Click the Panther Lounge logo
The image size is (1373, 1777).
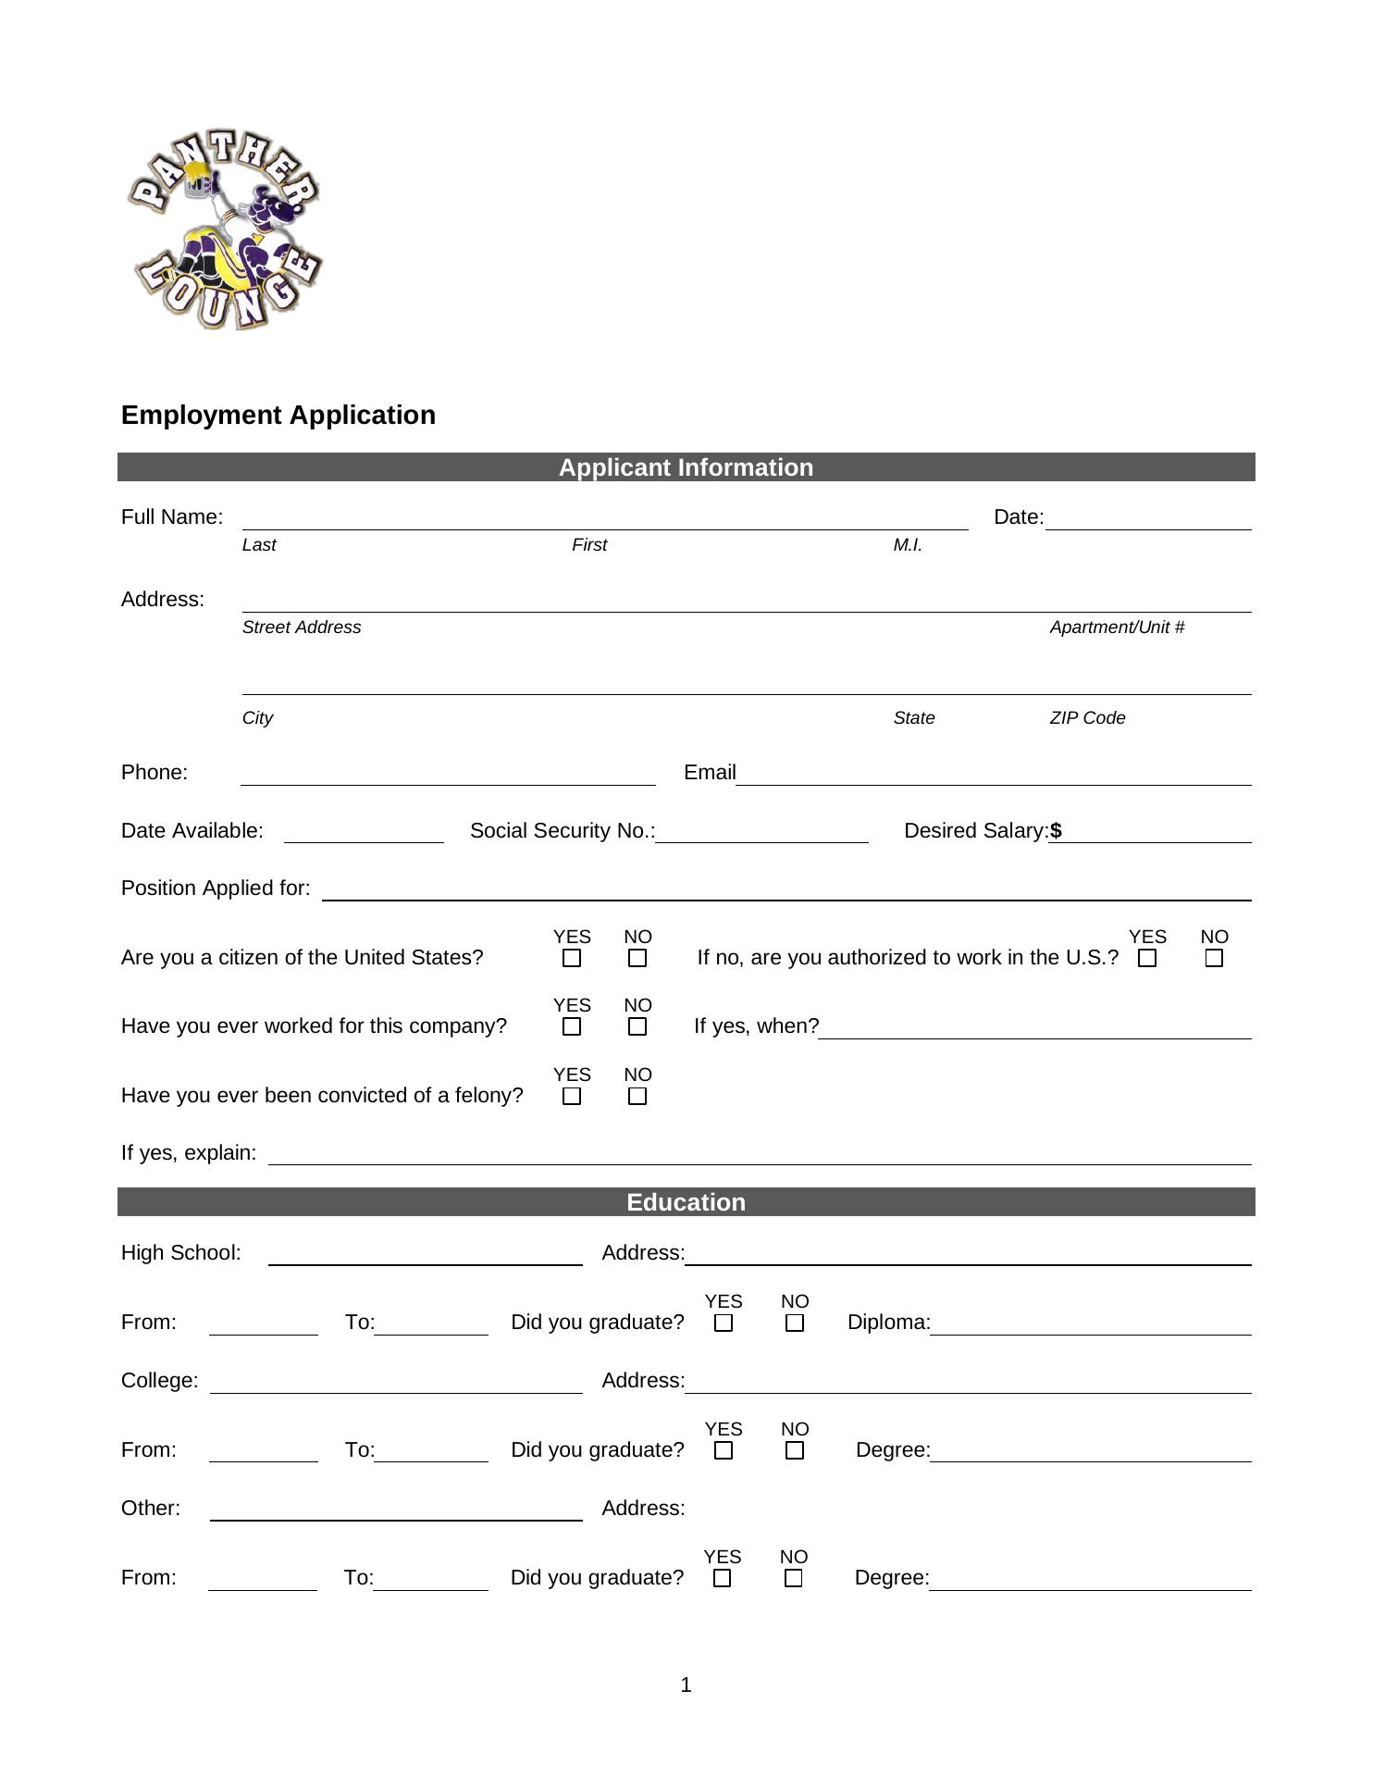pyautogui.click(x=224, y=230)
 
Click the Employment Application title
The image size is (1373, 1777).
pyautogui.click(x=278, y=415)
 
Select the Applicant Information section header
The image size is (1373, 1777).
pyautogui.click(x=686, y=467)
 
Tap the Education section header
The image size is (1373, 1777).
pyautogui.click(x=686, y=1202)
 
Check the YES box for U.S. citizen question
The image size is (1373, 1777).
pyautogui.click(x=572, y=959)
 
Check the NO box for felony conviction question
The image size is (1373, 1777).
pyautogui.click(x=637, y=1097)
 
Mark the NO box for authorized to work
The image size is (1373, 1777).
pyautogui.click(x=1214, y=959)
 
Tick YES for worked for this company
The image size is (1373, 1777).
pyautogui.click(x=572, y=1027)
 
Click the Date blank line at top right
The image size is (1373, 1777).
pyautogui.click(x=1147, y=522)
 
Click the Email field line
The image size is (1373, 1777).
pyautogui.click(x=993, y=777)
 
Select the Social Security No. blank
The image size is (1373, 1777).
pyautogui.click(x=761, y=835)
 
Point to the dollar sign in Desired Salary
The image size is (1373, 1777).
pyautogui.click(x=1056, y=831)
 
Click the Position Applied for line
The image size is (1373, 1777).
pyautogui.click(x=785, y=892)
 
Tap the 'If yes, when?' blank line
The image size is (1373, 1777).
pyautogui.click(x=1034, y=1031)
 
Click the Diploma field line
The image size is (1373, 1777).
pyautogui.click(x=1090, y=1327)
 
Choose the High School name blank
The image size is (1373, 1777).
pyautogui.click(x=425, y=1257)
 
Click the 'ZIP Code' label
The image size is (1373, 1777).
pyautogui.click(x=1087, y=718)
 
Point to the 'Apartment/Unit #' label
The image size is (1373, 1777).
pyautogui.click(x=1117, y=628)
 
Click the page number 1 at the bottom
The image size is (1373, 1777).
pyautogui.click(x=686, y=1685)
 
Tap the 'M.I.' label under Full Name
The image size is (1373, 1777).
pyautogui.click(x=908, y=545)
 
